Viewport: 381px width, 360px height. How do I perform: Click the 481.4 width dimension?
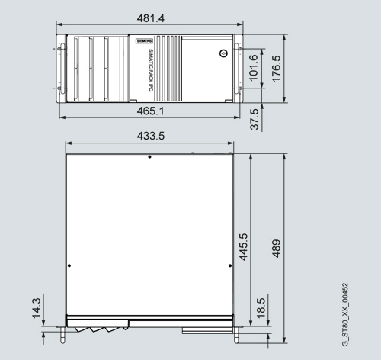[x=151, y=18]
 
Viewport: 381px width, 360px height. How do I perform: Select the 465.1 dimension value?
[x=151, y=111]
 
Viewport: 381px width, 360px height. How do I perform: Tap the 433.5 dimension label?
[x=151, y=136]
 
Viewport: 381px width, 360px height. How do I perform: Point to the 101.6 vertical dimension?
[x=254, y=68]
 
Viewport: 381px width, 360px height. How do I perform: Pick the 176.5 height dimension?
[x=277, y=69]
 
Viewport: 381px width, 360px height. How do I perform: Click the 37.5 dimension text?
[x=255, y=119]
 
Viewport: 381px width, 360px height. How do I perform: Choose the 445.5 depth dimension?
[x=243, y=247]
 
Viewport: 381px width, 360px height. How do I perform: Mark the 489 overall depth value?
[x=277, y=249]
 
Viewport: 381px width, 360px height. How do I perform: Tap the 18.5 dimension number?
[x=261, y=308]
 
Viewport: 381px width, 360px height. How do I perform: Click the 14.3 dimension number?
[x=37, y=308]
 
